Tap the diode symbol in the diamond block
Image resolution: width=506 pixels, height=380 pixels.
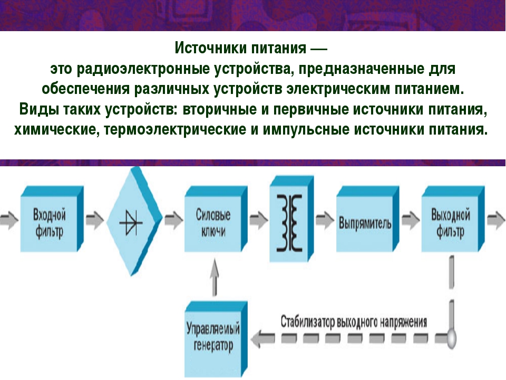[x=131, y=222]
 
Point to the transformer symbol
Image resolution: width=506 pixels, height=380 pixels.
[x=289, y=223]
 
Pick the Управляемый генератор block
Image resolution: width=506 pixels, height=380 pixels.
[x=216, y=339]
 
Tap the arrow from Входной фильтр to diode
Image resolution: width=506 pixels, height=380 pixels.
[x=95, y=220]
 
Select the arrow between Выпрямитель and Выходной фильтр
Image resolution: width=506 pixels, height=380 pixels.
[x=411, y=220]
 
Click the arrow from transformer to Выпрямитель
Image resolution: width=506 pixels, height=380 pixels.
[x=325, y=220]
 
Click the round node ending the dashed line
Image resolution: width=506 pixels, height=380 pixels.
[x=452, y=338]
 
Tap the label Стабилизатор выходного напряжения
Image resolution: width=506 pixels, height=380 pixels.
[x=354, y=322]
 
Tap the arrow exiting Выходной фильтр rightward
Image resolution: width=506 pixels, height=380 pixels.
[x=496, y=220]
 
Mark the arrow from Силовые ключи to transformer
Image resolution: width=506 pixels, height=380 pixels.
[x=259, y=220]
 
